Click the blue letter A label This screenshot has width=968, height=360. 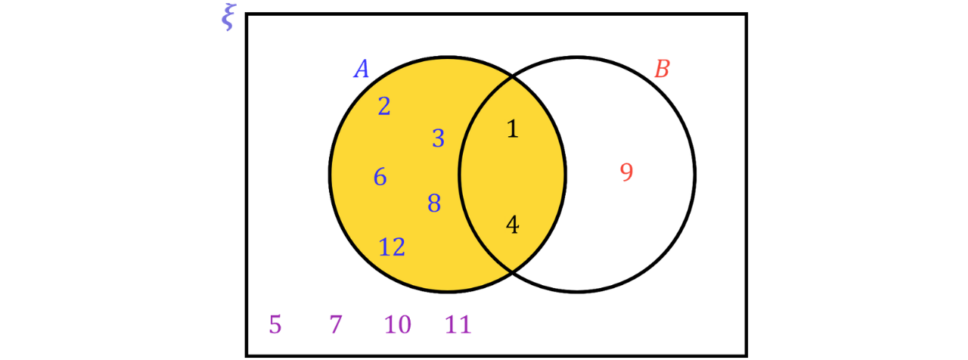(x=361, y=69)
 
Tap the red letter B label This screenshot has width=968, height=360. (x=662, y=69)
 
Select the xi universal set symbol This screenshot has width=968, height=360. (x=228, y=17)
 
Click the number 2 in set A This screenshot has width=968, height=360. (x=384, y=107)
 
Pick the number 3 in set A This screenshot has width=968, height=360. (x=438, y=138)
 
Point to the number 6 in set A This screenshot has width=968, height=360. (x=380, y=177)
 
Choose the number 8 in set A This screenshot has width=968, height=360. (x=434, y=203)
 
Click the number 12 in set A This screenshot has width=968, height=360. (x=392, y=247)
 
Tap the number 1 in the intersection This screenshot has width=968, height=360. (x=513, y=129)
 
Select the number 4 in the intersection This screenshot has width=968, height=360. (x=513, y=225)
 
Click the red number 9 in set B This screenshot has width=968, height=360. (x=627, y=172)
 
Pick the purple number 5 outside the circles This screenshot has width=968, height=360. (x=275, y=324)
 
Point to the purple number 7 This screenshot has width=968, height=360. (x=336, y=324)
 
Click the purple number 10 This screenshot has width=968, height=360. (x=398, y=324)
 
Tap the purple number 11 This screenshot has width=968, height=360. (x=458, y=324)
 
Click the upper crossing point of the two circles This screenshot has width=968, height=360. (x=513, y=77)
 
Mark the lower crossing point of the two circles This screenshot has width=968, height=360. (x=513, y=272)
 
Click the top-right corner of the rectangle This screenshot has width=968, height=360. (x=746, y=14)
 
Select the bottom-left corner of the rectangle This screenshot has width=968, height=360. (x=247, y=355)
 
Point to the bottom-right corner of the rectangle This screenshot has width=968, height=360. (x=746, y=355)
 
